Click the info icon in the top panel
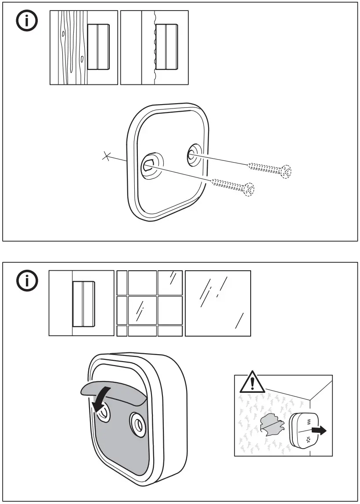(x=27, y=22)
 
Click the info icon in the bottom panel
(x=27, y=281)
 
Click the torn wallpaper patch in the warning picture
(x=273, y=423)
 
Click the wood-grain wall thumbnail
(x=83, y=47)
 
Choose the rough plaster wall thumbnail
(x=154, y=47)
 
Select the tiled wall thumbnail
(x=149, y=303)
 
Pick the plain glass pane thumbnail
(x=218, y=303)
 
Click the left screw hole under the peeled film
(x=104, y=413)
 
